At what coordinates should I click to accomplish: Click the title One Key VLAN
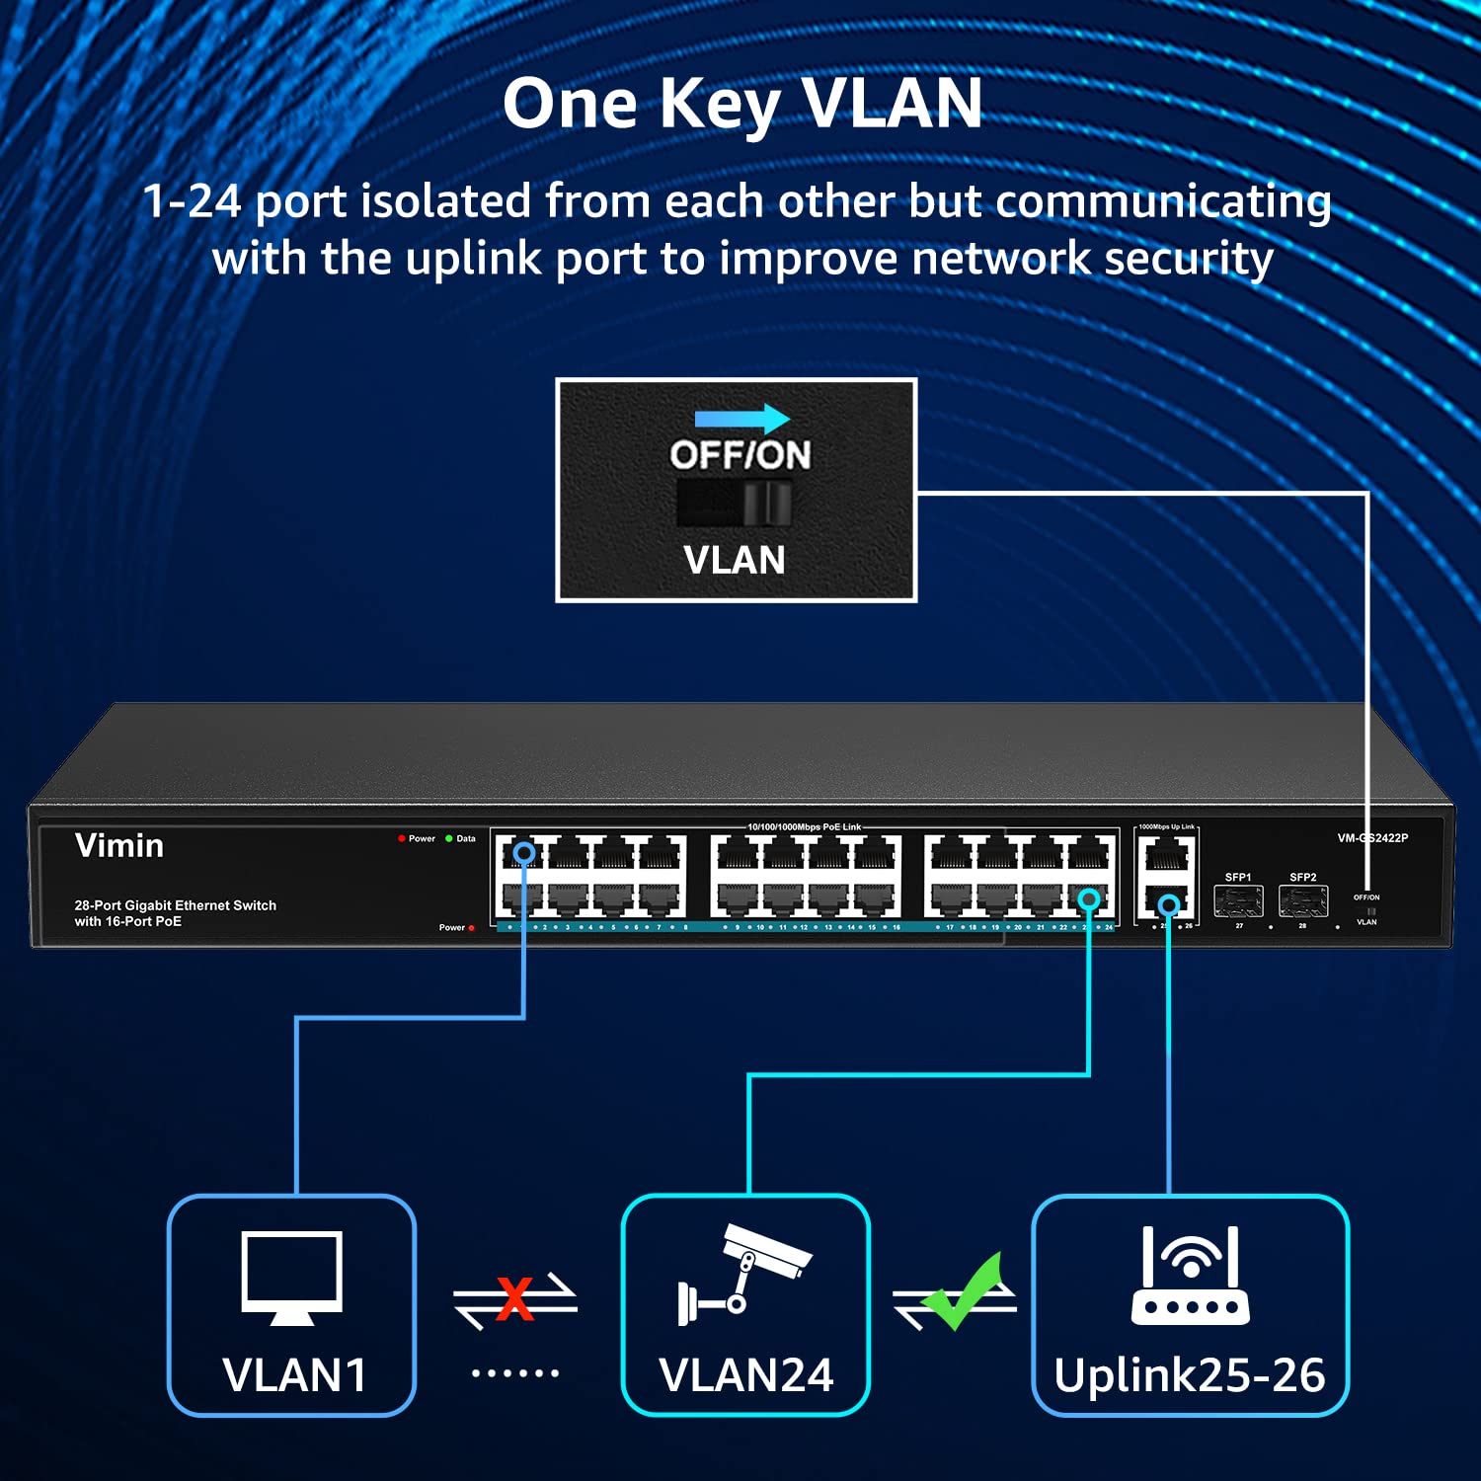point(742,104)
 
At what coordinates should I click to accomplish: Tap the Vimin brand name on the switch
point(119,846)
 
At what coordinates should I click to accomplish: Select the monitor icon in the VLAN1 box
point(292,1278)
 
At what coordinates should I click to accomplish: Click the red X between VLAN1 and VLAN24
point(514,1298)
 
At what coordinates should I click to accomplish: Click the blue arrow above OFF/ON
point(741,419)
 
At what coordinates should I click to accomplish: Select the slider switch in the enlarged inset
point(735,504)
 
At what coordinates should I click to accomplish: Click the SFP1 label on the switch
point(1237,877)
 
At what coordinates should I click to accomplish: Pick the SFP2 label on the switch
point(1302,877)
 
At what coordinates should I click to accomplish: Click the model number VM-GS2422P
point(1372,838)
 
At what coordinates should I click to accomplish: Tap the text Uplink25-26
point(1189,1375)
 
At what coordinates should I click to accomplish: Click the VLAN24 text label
point(745,1375)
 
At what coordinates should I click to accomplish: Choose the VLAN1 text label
point(294,1375)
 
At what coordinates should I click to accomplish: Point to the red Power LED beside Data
point(402,838)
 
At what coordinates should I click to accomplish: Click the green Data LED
point(449,838)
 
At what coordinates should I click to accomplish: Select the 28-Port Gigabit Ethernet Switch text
point(176,905)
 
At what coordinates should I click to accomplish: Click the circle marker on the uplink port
point(1169,904)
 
